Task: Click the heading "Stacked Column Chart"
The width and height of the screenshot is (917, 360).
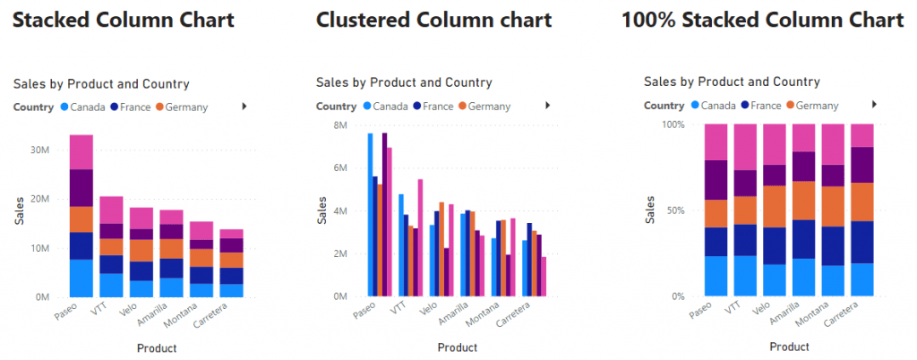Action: tap(124, 20)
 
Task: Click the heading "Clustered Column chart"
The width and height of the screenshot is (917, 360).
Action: tap(434, 20)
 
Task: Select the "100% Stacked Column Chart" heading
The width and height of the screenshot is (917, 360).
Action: tap(763, 20)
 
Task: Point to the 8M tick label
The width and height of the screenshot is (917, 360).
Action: tap(340, 125)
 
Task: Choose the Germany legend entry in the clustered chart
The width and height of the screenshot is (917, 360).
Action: tap(484, 107)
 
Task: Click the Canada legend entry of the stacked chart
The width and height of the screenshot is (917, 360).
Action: tap(83, 107)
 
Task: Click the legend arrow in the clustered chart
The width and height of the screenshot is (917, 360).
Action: tap(548, 105)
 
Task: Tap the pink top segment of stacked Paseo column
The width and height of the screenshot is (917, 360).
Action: tap(81, 152)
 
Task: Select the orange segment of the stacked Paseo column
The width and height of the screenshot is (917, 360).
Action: tap(81, 219)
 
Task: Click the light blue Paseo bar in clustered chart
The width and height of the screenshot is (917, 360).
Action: tap(370, 215)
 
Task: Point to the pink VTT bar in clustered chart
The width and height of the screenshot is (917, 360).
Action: tap(420, 238)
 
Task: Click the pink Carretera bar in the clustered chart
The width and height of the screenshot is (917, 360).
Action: tap(527, 277)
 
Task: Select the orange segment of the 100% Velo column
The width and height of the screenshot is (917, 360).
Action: tap(775, 206)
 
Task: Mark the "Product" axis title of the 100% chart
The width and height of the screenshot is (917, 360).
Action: tap(790, 347)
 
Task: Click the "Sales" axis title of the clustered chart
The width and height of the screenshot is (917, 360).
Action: tap(322, 210)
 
